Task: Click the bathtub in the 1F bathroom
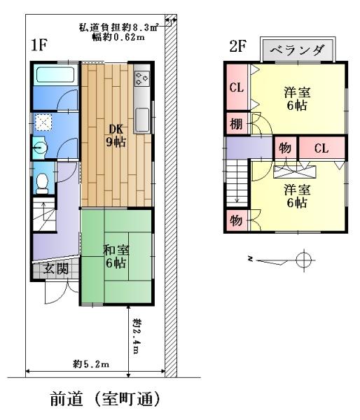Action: (x=55, y=75)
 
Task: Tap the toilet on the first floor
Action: (x=42, y=183)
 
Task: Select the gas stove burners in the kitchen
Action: (x=141, y=78)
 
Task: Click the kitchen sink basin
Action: (x=141, y=120)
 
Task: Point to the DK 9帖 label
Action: (x=116, y=136)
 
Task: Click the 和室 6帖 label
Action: (x=116, y=257)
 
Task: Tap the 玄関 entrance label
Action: (x=56, y=268)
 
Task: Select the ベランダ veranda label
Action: (x=297, y=50)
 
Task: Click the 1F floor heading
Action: (x=39, y=45)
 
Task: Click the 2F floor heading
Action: (x=237, y=46)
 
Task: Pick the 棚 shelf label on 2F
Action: (x=237, y=124)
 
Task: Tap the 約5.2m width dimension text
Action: (x=92, y=364)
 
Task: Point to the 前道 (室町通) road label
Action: (x=105, y=399)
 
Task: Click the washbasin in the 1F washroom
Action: (x=39, y=147)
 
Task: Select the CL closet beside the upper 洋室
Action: (x=237, y=87)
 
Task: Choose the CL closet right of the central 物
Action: (x=321, y=148)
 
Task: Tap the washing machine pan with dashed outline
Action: (x=43, y=122)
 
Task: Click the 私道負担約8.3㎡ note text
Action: (x=119, y=27)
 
